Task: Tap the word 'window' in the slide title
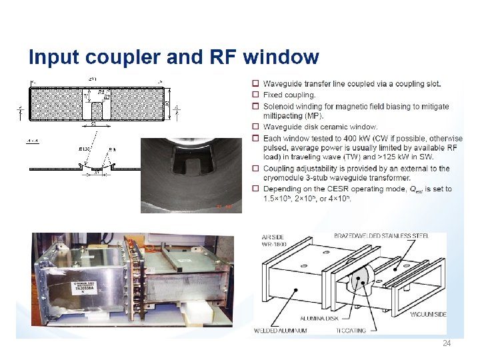tap(281, 57)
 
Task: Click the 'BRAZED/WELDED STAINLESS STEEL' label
tap(390, 236)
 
